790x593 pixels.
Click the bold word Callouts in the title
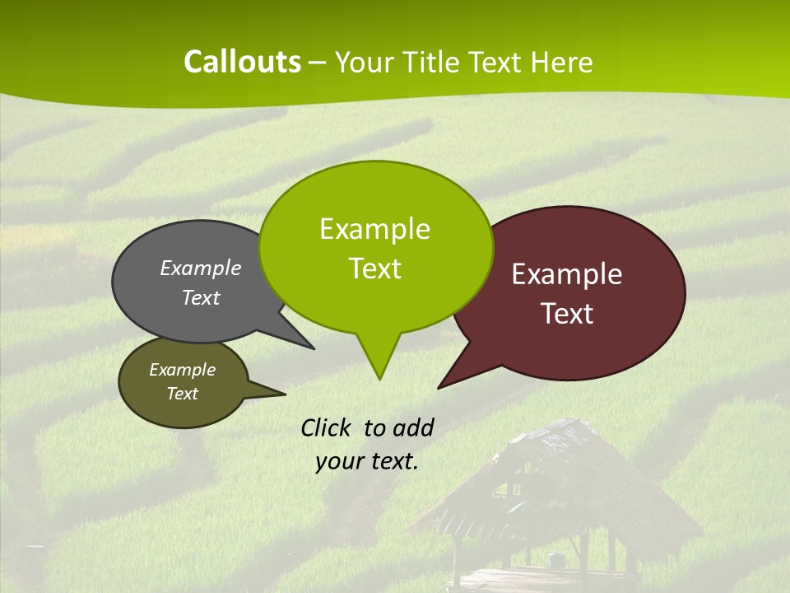pos(242,62)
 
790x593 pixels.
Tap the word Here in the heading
pos(561,63)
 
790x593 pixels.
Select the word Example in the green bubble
pos(374,229)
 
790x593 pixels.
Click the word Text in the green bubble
pos(374,268)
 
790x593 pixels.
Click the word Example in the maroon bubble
pos(567,274)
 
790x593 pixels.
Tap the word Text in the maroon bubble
pos(567,314)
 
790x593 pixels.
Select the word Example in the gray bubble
pos(201,268)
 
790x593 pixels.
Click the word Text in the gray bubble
pos(201,298)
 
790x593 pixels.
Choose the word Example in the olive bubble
pos(182,370)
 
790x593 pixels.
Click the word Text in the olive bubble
pos(182,394)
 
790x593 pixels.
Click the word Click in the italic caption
pos(327,427)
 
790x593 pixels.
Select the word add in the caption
pos(413,427)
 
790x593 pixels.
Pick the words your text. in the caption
pos(366,461)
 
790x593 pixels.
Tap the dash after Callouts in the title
pos(318,63)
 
